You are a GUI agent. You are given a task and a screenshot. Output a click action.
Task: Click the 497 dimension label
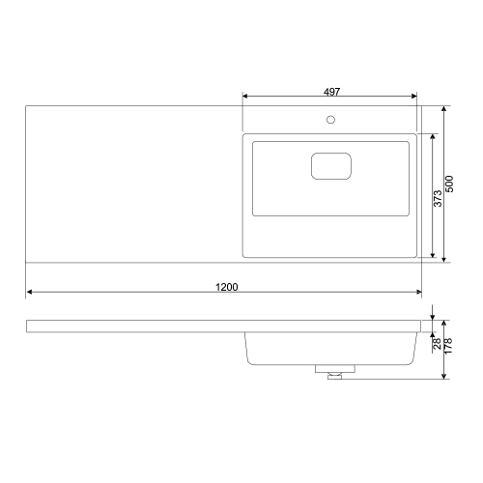331,92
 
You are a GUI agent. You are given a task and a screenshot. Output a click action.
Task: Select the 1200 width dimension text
227,287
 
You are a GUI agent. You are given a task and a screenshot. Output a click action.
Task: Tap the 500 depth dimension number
449,184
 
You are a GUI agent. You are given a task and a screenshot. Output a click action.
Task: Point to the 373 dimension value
438,198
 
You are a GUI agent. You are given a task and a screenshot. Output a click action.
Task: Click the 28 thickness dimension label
437,344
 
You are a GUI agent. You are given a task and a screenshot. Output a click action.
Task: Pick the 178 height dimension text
448,346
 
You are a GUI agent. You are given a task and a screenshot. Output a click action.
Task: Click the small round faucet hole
330,120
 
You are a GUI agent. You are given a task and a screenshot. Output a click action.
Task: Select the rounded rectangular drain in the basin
331,166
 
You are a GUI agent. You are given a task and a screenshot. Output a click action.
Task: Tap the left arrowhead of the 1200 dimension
29,292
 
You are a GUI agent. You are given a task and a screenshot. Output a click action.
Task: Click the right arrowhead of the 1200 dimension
418,292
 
